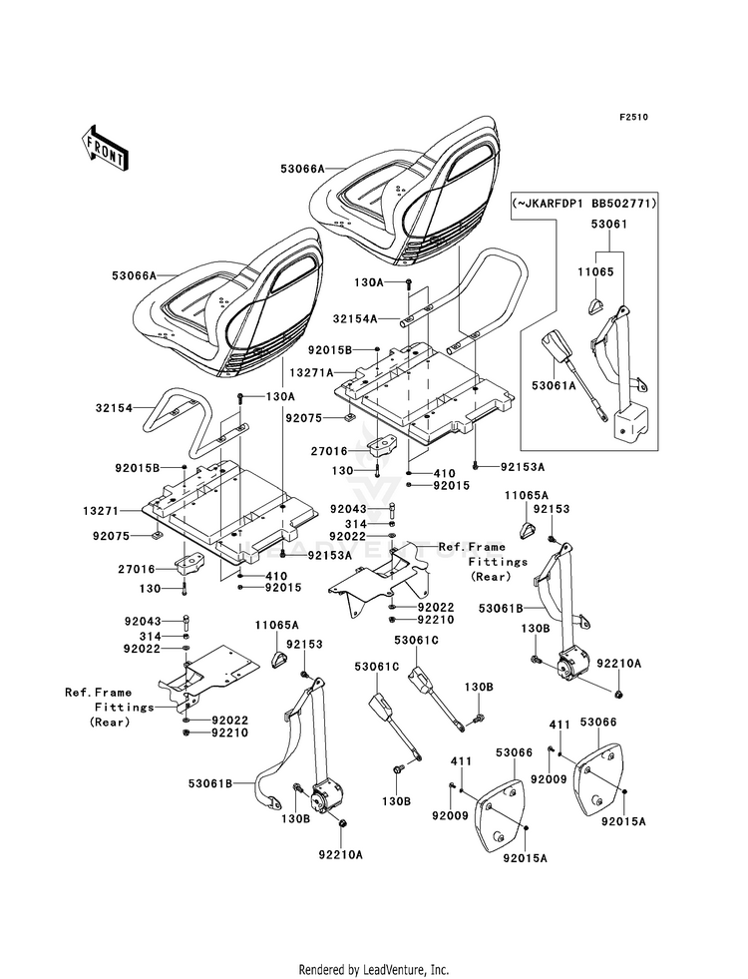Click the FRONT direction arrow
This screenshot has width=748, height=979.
[105, 148]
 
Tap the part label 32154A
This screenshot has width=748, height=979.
[355, 318]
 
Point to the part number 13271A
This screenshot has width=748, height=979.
[311, 373]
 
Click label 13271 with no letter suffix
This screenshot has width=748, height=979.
[101, 511]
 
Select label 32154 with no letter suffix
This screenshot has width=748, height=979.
[114, 408]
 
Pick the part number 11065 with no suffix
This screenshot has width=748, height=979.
[595, 271]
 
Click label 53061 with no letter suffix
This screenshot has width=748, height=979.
[609, 224]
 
